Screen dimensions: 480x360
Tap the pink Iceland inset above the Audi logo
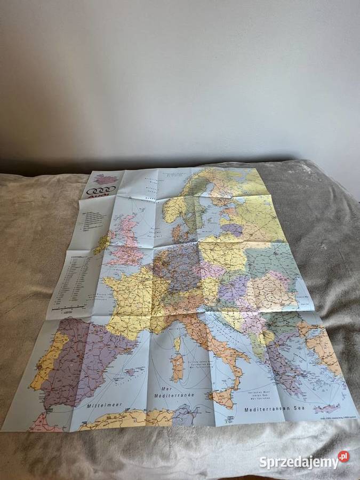click(x=105, y=179)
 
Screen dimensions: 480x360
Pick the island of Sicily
click(x=223, y=397)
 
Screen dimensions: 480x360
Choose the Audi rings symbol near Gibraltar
click(x=50, y=410)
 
